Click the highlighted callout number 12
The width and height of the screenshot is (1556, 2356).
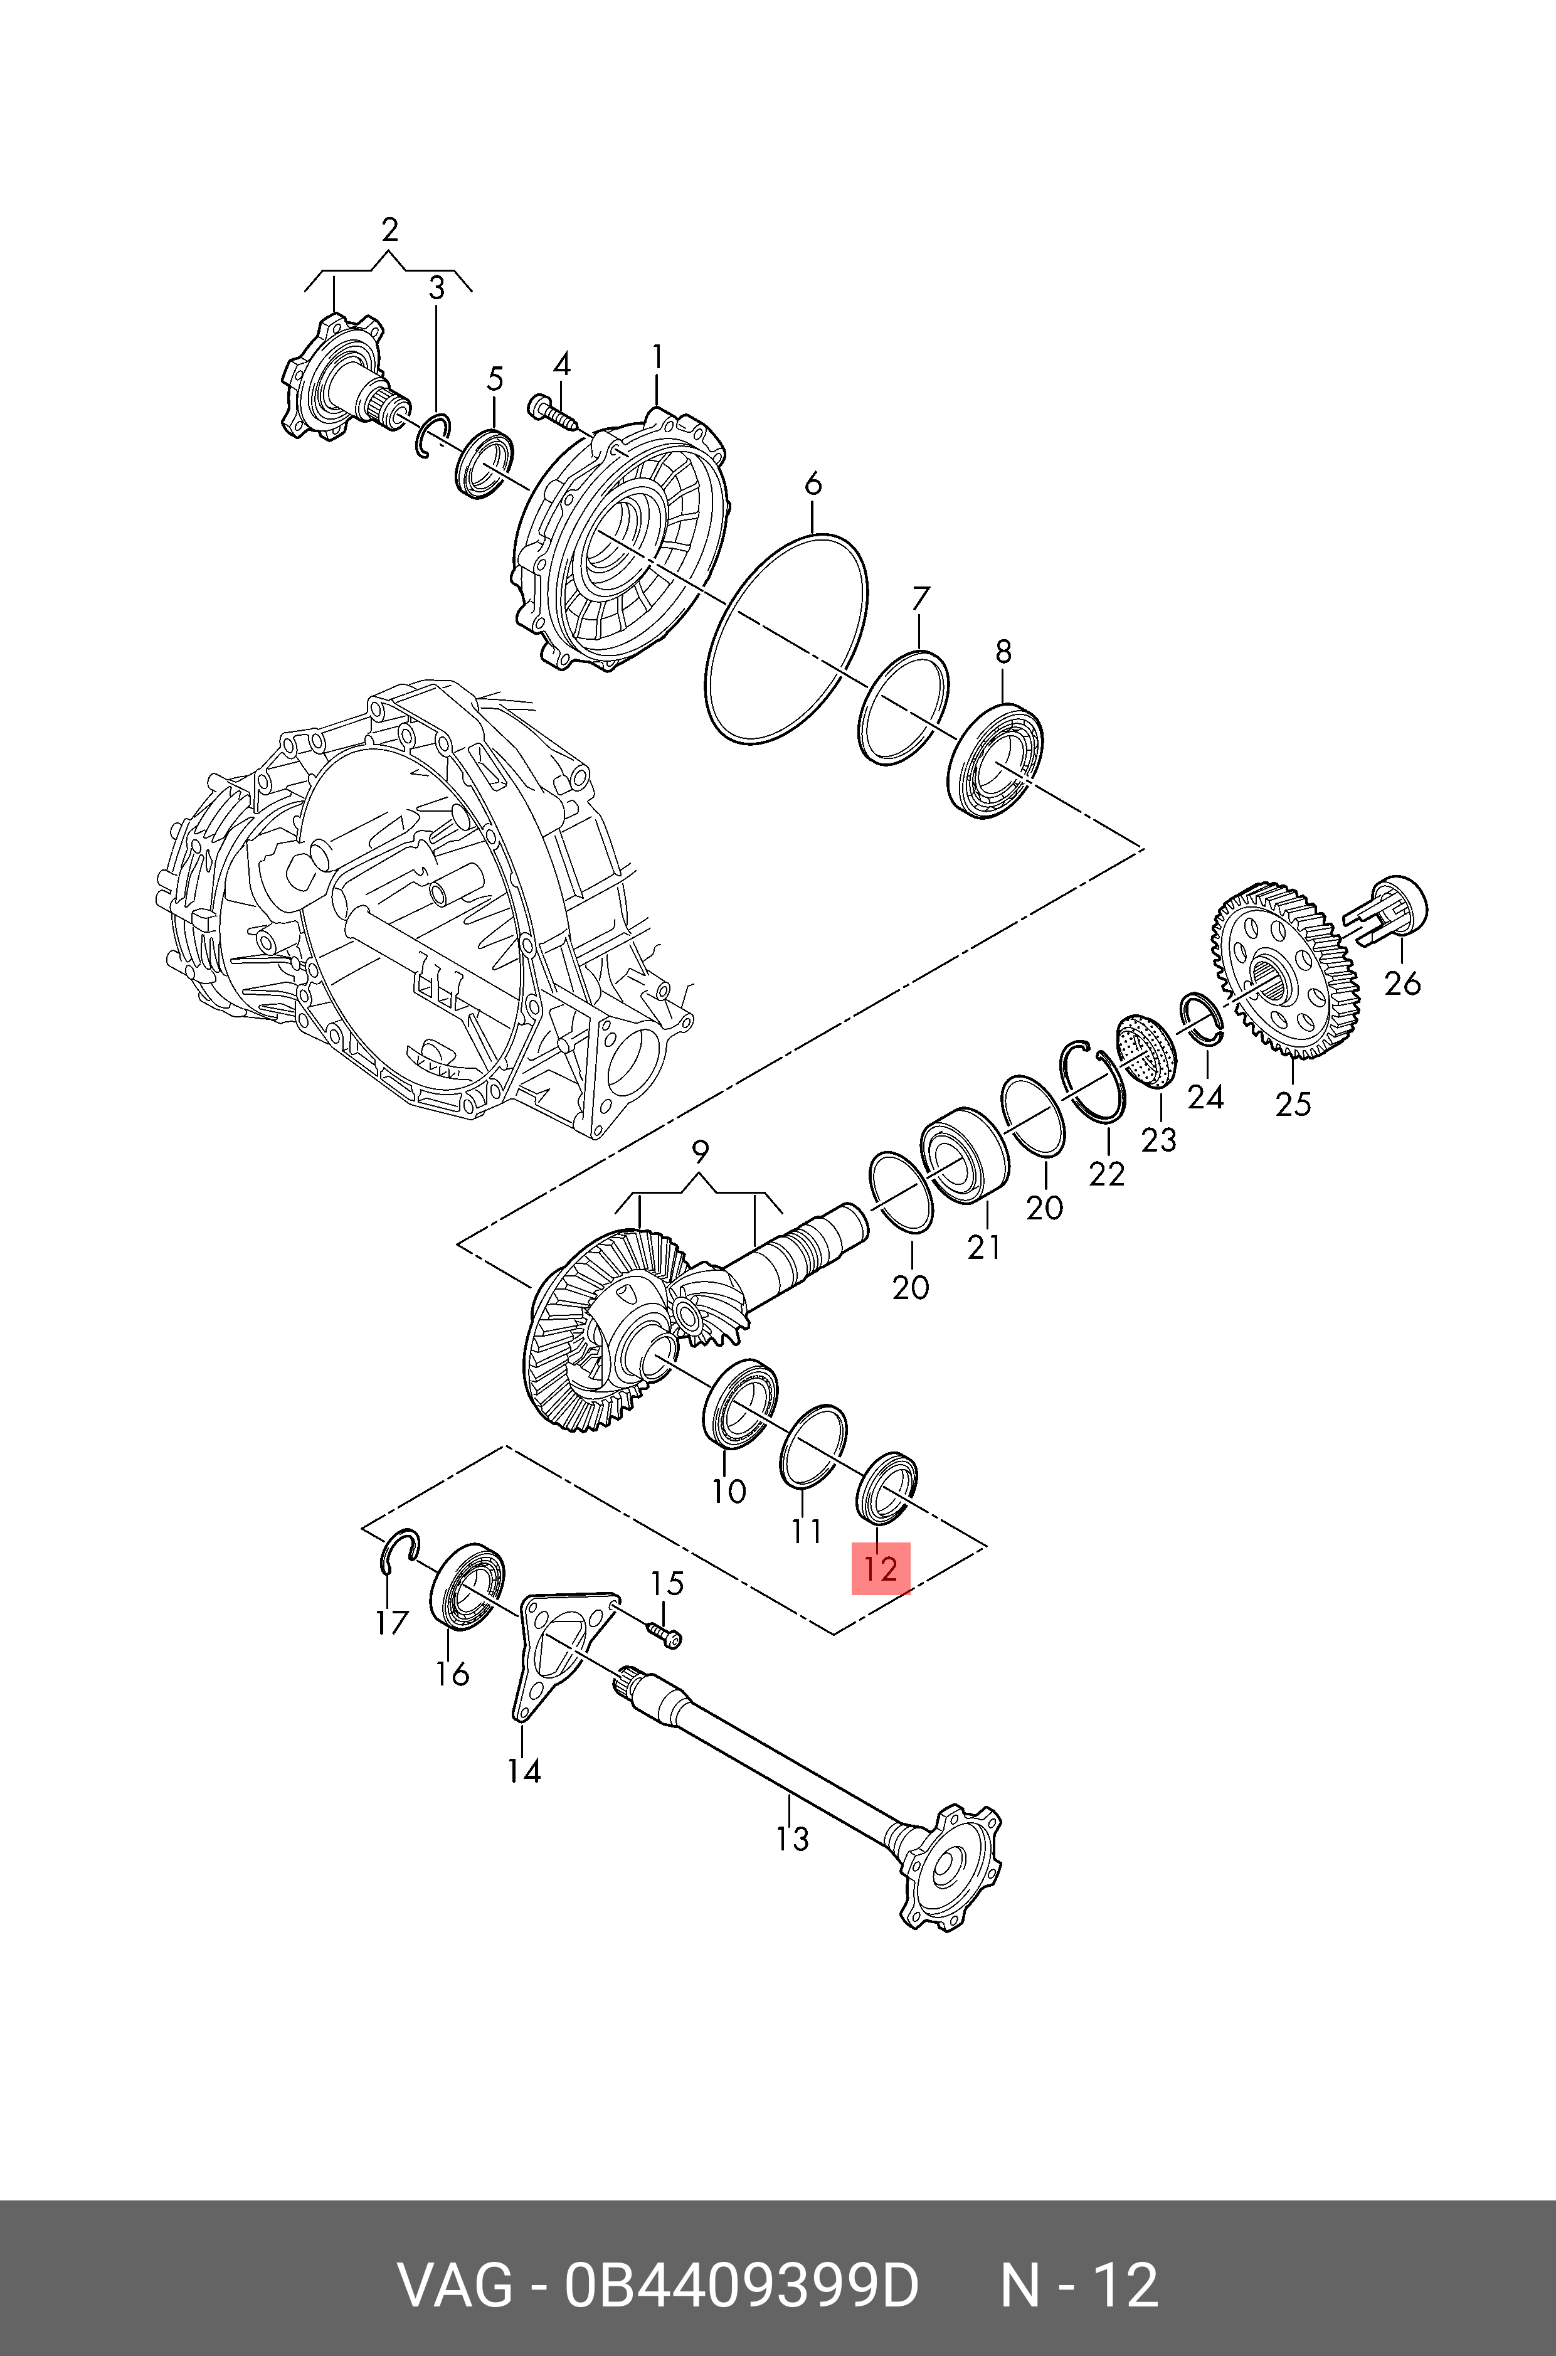(x=880, y=1569)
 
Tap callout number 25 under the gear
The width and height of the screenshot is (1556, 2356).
(x=1293, y=1103)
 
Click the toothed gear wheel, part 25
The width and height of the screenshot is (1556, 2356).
(x=1286, y=972)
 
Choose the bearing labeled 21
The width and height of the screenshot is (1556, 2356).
(x=963, y=1155)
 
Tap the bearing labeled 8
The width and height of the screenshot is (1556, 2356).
(x=997, y=759)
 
